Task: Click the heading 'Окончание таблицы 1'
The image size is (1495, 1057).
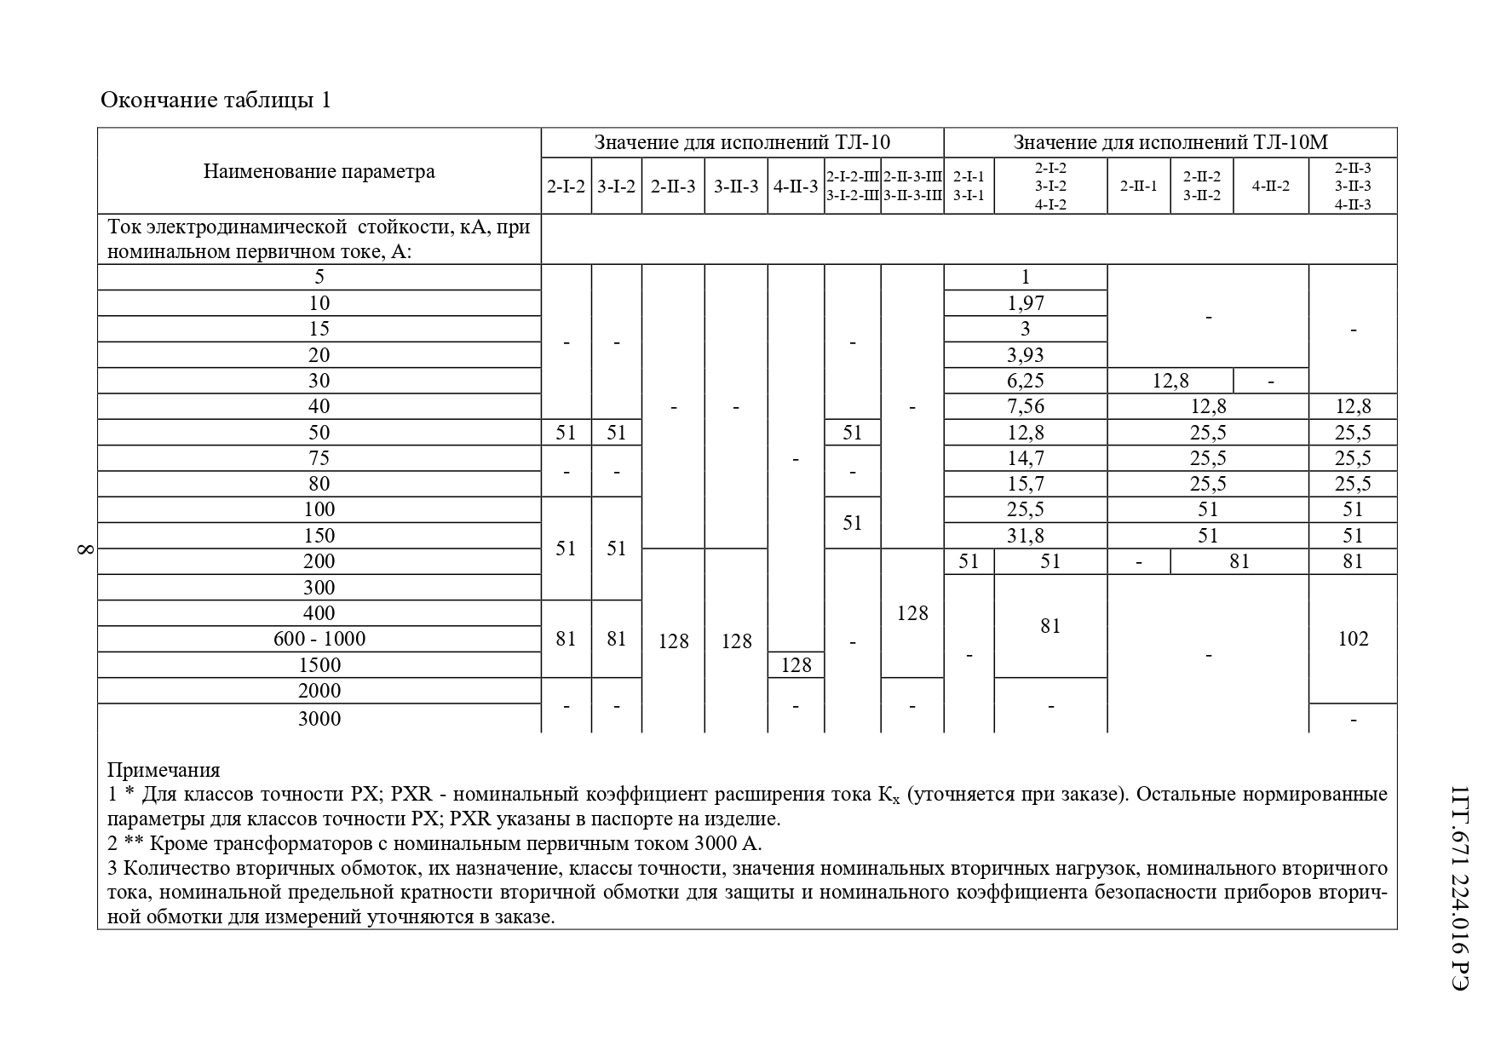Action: tap(216, 101)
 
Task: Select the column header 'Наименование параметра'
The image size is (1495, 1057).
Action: tap(319, 171)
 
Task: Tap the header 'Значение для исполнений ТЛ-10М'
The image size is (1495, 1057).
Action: tap(1170, 142)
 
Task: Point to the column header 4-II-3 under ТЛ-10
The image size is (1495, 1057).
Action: tap(796, 186)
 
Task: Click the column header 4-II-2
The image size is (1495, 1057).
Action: tap(1270, 186)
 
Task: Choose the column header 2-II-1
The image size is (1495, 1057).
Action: tap(1138, 186)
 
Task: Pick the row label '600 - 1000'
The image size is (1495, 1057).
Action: tap(319, 639)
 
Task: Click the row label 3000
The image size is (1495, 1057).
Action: tap(319, 719)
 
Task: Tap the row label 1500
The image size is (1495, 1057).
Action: tap(319, 665)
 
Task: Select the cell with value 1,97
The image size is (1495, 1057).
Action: tap(1025, 303)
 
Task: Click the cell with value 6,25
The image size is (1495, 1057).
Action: tap(1025, 381)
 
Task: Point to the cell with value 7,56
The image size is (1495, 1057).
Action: tap(1025, 406)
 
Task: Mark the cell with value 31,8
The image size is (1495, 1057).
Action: tap(1025, 536)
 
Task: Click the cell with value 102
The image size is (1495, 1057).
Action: tap(1353, 639)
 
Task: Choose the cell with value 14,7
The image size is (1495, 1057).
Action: tap(1025, 458)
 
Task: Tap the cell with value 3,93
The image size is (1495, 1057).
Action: tap(1025, 355)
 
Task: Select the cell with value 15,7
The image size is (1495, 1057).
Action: tap(1025, 484)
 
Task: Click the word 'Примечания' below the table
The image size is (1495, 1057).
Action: tap(164, 770)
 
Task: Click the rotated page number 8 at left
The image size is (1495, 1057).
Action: tap(84, 549)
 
